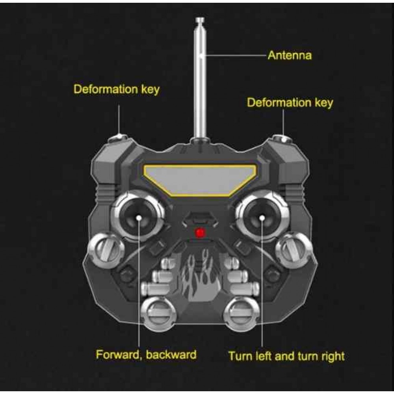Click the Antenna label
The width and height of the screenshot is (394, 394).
pos(290,55)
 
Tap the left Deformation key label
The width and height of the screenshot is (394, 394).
pos(117,89)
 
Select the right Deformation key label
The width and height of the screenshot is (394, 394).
pos(290,103)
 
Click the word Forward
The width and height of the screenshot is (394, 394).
pos(117,355)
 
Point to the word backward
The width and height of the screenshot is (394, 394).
pos(171,355)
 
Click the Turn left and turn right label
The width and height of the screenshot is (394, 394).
pos(286,356)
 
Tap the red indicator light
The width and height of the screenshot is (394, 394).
pos(200,233)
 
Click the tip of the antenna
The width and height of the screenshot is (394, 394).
pos(200,19)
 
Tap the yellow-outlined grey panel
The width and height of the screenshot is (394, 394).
pos(200,180)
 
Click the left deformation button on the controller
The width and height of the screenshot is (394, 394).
pos(118,138)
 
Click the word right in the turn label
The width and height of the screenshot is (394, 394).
pos(332,357)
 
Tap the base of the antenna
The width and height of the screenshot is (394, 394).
pos(200,140)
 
